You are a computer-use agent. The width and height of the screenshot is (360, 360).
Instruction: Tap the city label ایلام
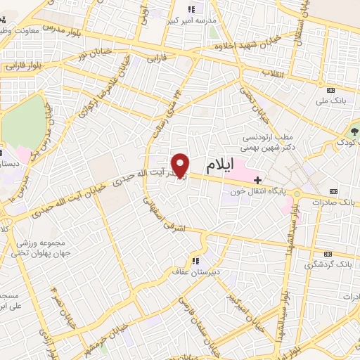tap(219, 167)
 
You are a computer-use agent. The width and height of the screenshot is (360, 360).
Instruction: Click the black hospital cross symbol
tap(257, 180)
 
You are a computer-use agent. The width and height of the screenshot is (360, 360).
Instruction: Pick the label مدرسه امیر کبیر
tap(194, 21)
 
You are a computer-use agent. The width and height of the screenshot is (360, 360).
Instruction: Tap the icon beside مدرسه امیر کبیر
tap(191, 9)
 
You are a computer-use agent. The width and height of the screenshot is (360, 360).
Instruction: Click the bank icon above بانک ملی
tap(331, 89)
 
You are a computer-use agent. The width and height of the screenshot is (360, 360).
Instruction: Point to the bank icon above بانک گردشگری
tap(328, 253)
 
